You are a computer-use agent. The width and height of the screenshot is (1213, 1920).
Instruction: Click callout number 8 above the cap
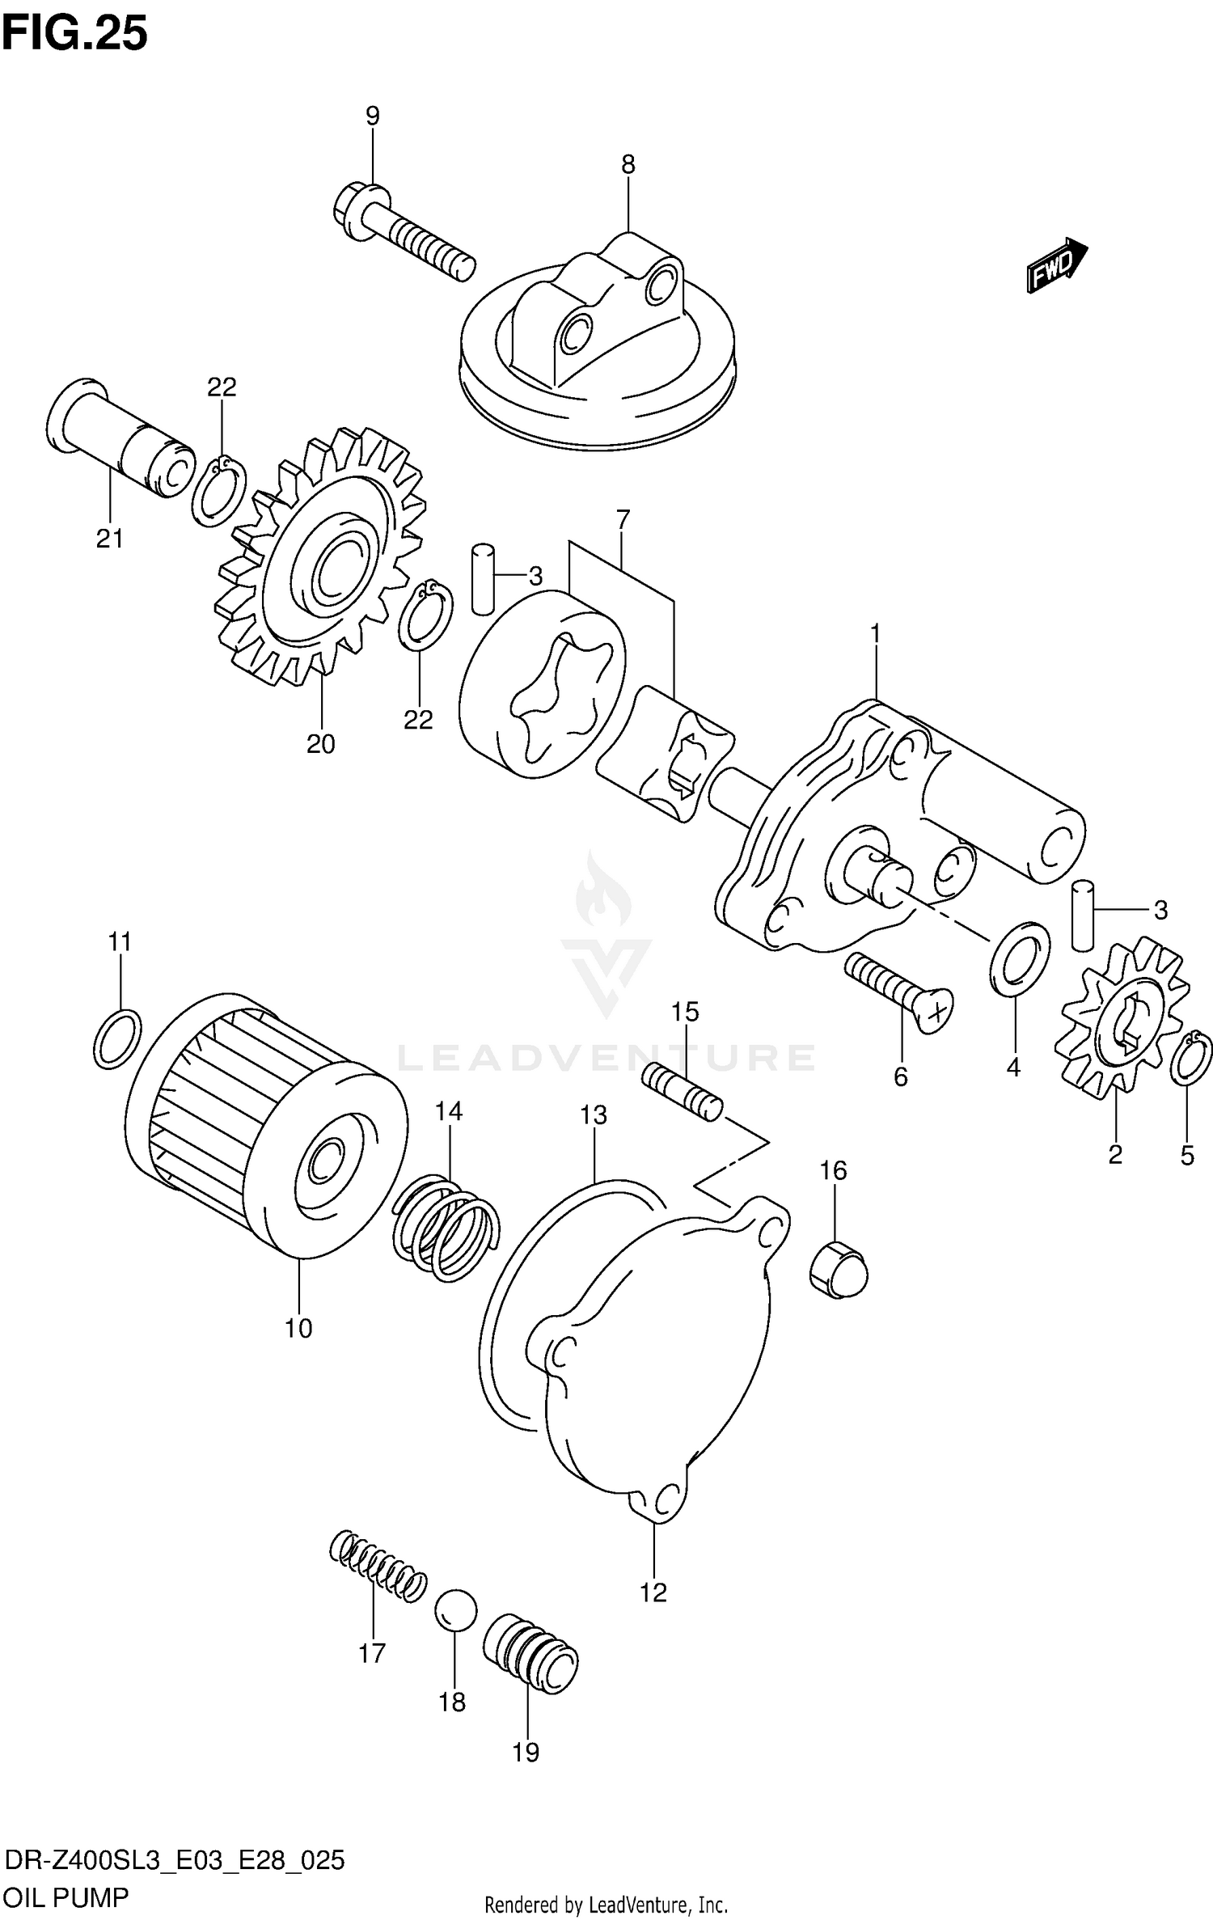pos(628,165)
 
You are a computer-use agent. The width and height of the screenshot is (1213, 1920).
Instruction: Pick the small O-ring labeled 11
pos(117,1039)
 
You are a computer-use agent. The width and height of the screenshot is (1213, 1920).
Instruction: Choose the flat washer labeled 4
pos(1020,958)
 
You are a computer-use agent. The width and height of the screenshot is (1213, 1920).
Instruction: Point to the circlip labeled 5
pos(1191,1058)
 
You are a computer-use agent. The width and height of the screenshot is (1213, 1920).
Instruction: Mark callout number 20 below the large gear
pos(320,743)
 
